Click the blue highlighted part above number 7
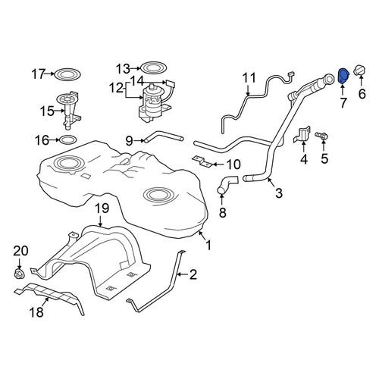[343, 76]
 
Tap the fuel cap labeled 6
[360, 70]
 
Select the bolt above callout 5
[321, 136]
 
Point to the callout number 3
[278, 193]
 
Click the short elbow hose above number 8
[227, 184]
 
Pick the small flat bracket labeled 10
[202, 161]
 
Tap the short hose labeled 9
[164, 136]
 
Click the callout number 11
[249, 78]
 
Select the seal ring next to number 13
[153, 67]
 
